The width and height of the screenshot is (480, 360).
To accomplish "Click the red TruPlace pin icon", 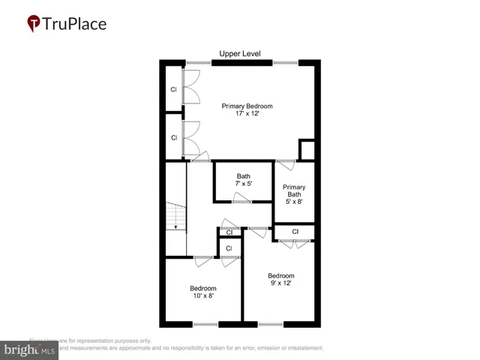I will click(x=34, y=24).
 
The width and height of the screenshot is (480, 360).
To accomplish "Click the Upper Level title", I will click(x=239, y=53).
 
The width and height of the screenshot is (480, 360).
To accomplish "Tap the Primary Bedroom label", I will click(x=247, y=106).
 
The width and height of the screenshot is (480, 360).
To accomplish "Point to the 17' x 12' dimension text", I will click(x=247, y=115).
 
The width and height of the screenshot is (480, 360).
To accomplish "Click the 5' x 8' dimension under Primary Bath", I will click(x=294, y=202).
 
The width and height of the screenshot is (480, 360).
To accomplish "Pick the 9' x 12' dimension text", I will click(x=280, y=283).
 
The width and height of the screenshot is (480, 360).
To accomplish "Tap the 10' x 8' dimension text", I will click(x=202, y=296).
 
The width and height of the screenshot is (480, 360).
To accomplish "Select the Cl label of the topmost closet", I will click(x=173, y=90).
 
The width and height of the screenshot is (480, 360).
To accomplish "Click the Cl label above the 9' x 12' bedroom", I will click(x=295, y=232).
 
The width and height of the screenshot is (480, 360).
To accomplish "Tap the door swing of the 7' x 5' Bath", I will click(x=241, y=197).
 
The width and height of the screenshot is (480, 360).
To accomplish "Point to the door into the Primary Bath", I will click(x=285, y=164).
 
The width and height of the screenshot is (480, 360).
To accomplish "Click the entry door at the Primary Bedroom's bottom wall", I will click(x=199, y=157).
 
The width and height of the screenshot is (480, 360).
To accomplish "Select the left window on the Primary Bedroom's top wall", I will click(x=199, y=62).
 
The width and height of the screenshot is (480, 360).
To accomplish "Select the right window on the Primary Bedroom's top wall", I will click(x=284, y=62).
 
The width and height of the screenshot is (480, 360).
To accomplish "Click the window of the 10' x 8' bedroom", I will click(x=205, y=324).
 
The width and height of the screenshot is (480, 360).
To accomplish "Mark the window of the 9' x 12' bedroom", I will click(x=271, y=324).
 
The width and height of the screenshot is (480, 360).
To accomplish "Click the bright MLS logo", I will click(x=30, y=349).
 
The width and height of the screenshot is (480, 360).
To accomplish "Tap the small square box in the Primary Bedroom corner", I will click(x=307, y=149).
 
